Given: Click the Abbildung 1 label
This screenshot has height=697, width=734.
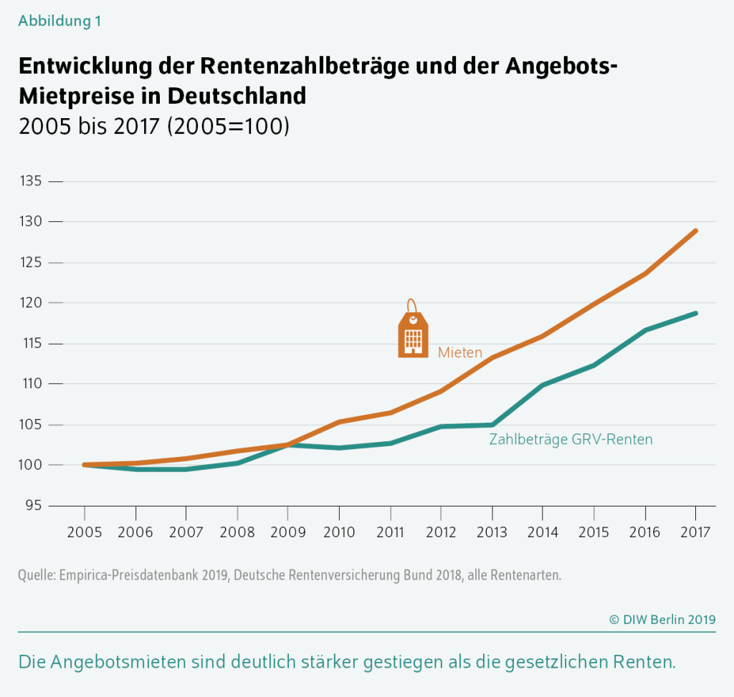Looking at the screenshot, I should [59, 21].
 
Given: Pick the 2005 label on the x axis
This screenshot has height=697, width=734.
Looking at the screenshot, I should [85, 532].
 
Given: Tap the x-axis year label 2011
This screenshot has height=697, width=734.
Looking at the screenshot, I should [390, 532].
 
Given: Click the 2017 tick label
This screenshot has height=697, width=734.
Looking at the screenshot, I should [695, 532].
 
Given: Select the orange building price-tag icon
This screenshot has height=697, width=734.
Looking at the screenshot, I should [412, 331].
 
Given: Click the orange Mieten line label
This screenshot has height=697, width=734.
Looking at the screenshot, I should [460, 352].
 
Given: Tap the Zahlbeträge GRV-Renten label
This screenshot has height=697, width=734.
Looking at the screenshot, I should [571, 439].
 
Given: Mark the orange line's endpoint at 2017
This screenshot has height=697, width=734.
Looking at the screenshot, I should [695, 231].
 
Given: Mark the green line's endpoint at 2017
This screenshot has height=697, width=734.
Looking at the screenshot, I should [695, 313].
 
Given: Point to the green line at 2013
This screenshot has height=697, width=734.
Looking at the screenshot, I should [492, 425].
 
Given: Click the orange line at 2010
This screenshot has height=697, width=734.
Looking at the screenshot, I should [339, 422].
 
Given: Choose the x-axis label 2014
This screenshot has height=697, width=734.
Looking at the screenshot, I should [543, 532].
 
